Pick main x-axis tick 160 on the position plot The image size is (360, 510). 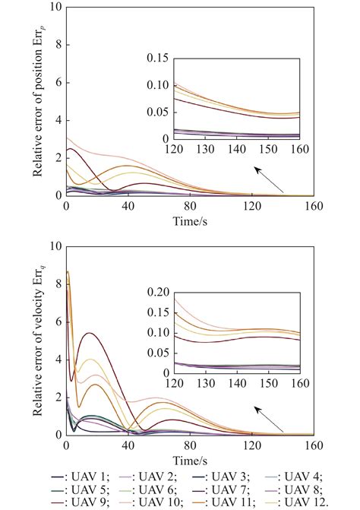[313, 205]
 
